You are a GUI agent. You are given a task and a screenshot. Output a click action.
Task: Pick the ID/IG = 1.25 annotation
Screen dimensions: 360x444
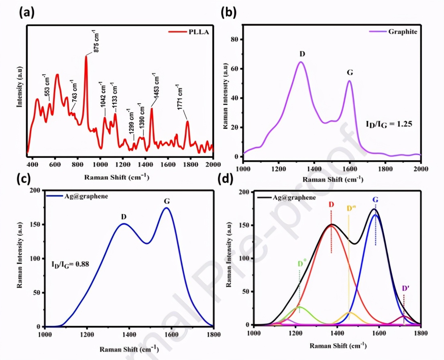coord(389,125)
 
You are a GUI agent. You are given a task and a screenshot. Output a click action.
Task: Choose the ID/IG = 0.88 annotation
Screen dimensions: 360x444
coord(70,264)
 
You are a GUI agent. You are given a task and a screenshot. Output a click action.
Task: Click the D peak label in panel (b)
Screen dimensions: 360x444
coord(302,53)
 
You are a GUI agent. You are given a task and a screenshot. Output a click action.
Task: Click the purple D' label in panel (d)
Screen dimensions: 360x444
coord(406,288)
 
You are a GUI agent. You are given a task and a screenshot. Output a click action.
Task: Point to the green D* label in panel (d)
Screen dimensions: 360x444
coord(302,264)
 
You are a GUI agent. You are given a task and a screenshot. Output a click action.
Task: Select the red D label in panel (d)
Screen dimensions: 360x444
coord(331,205)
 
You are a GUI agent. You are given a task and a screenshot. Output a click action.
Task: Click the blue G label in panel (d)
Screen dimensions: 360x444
coord(375,200)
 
